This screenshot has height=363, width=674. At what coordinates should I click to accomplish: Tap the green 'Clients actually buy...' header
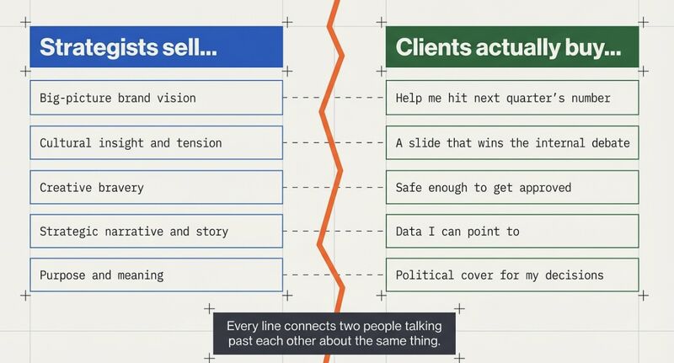[x=512, y=47]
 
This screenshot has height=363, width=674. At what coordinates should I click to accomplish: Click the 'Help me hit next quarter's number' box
[x=512, y=98]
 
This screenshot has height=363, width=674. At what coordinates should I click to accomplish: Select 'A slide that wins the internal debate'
[x=512, y=143]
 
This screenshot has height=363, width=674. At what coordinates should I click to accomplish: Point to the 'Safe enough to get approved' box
[x=512, y=187]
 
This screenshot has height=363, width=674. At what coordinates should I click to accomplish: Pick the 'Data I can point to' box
[x=512, y=231]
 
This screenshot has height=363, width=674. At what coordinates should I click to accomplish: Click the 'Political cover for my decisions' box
[x=512, y=275]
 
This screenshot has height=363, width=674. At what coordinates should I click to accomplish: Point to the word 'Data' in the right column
[x=409, y=231]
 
